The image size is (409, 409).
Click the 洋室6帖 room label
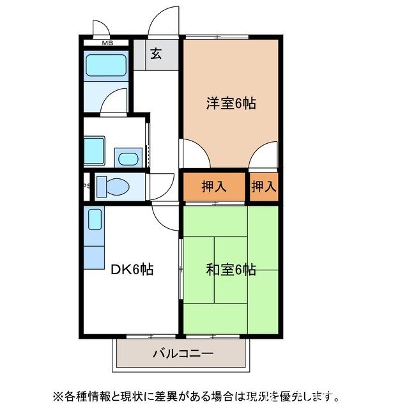(231, 104)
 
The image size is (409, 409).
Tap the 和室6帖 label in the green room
(231, 270)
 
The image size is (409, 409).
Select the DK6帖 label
(132, 270)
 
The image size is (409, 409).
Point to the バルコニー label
(183, 353)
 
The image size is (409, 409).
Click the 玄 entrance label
(156, 54)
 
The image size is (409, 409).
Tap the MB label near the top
(107, 43)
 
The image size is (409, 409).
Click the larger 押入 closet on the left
(214, 187)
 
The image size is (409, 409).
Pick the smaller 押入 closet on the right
(263, 187)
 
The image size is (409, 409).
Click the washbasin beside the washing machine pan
(128, 157)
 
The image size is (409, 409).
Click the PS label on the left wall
(85, 187)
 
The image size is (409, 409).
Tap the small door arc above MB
(100, 28)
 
